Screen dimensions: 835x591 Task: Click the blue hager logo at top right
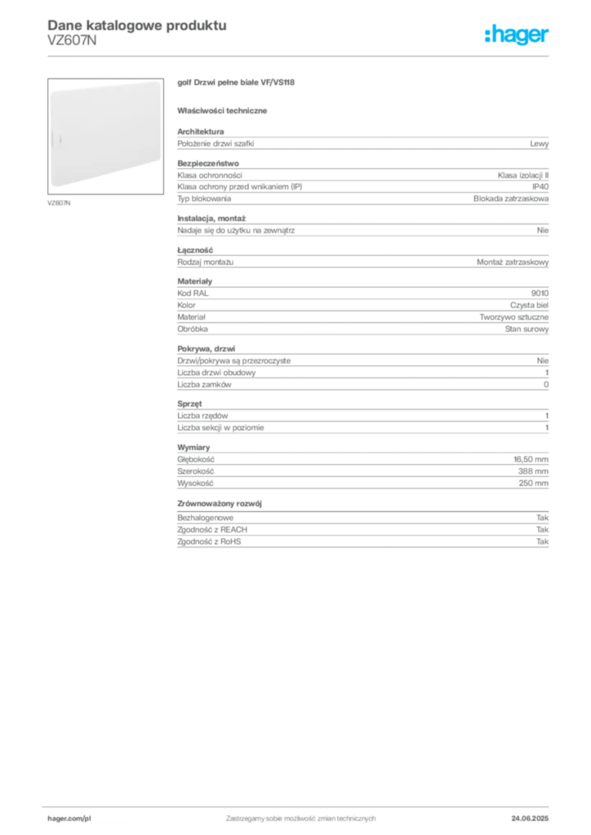[518, 36]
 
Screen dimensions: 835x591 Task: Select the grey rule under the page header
[300, 55]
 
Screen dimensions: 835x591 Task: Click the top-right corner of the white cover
[159, 82]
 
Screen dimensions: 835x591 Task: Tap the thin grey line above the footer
[300, 803]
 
